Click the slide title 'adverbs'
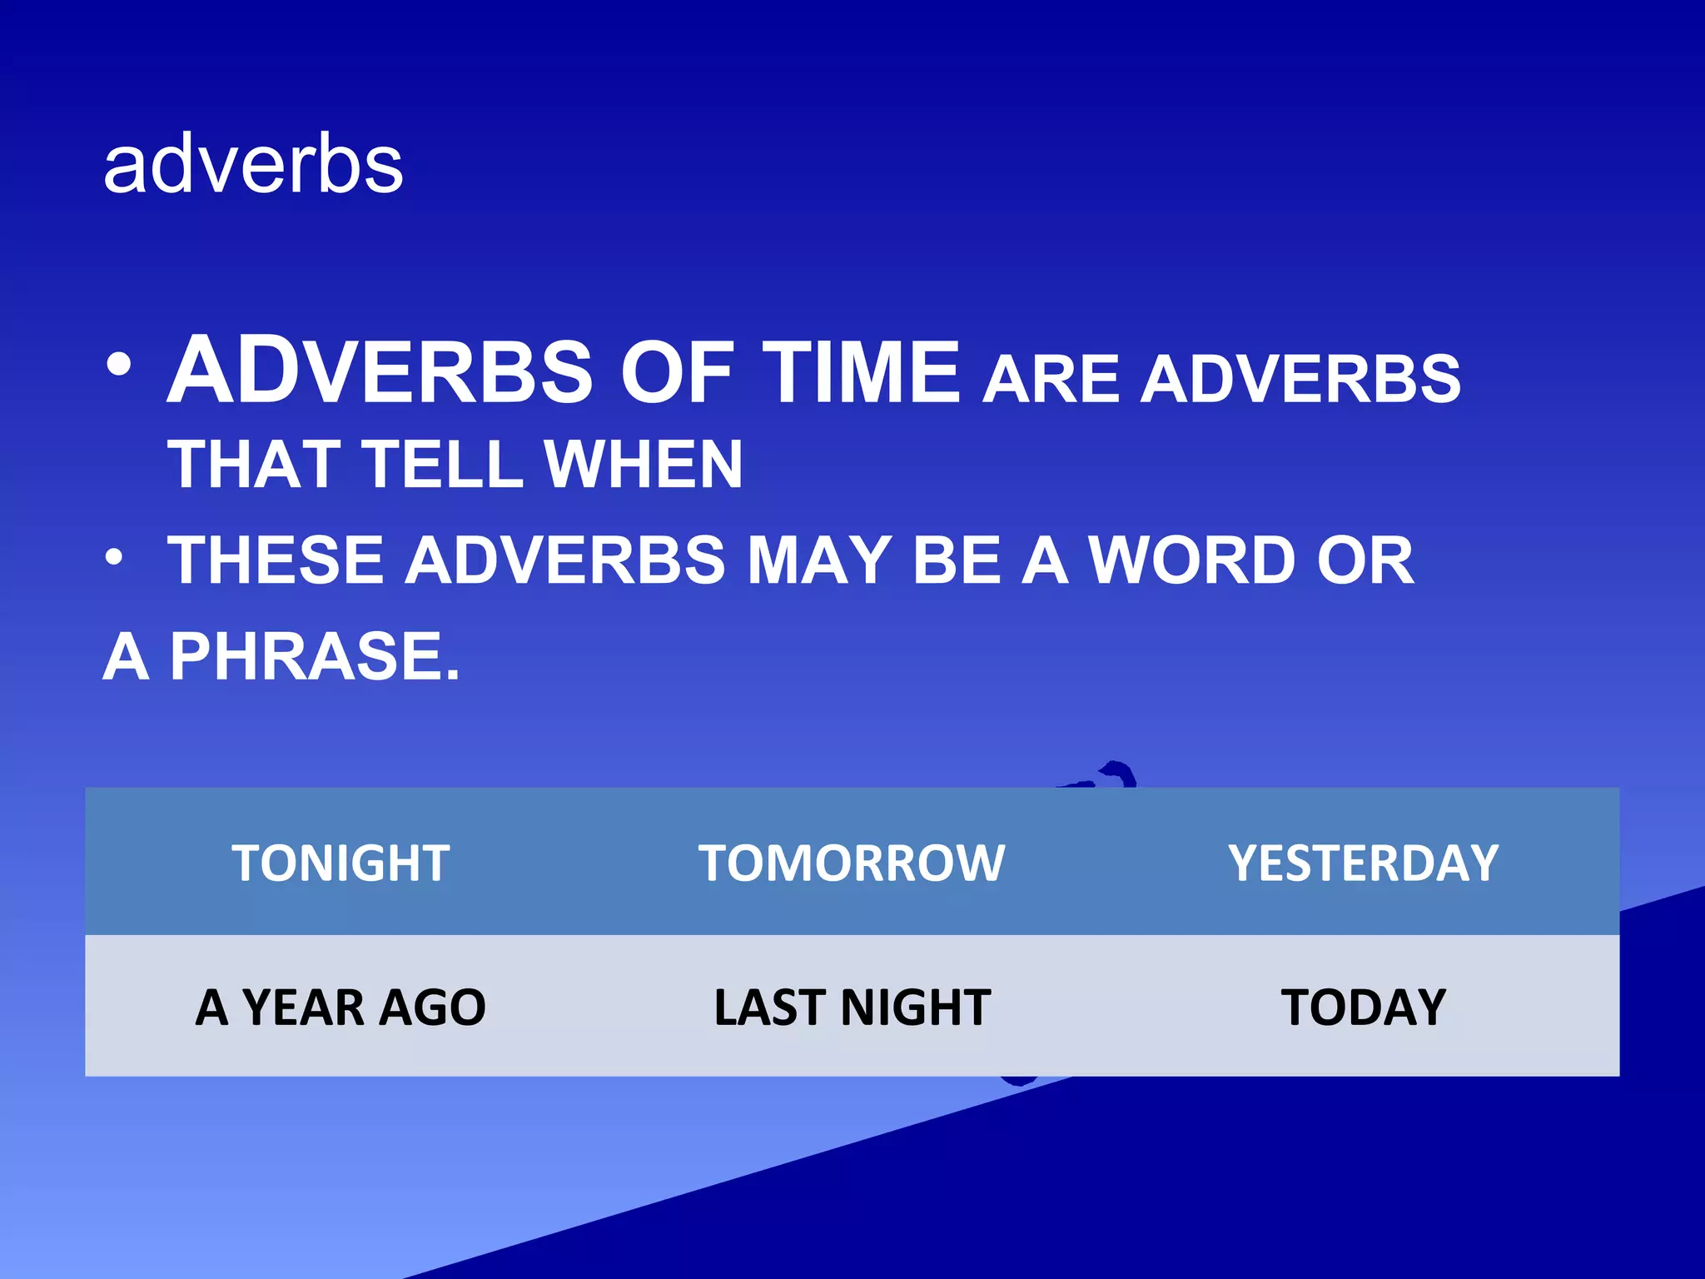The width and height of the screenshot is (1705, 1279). click(253, 167)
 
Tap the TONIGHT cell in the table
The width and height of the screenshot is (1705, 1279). click(341, 863)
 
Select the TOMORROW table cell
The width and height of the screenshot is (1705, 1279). click(852, 863)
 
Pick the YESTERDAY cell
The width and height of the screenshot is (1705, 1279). click(1363, 863)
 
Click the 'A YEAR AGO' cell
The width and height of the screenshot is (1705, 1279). click(341, 1008)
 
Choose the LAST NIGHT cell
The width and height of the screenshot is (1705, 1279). click(852, 1008)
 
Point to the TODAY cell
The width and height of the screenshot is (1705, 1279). click(1363, 1008)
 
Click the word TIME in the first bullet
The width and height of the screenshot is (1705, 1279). click(862, 373)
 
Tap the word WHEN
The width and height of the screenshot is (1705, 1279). click(643, 465)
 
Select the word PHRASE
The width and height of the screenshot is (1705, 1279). click(315, 657)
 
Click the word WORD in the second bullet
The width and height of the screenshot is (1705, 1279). click(1192, 560)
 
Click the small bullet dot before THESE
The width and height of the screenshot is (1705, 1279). click(116, 557)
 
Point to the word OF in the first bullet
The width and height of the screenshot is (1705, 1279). click(676, 373)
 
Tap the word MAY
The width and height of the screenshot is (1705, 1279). click(820, 560)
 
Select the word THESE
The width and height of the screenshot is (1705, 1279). click(275, 560)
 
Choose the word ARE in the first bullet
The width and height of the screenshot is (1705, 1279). click(1051, 380)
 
